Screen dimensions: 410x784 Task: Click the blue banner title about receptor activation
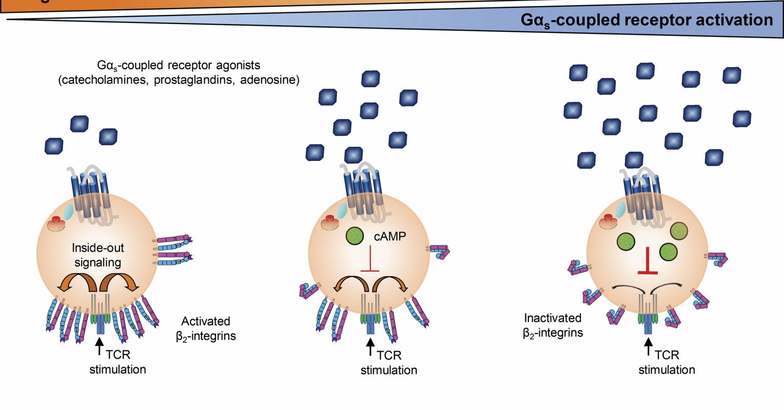(x=646, y=20)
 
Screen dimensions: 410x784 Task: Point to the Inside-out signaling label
(x=97, y=255)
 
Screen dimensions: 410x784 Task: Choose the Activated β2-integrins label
(x=206, y=329)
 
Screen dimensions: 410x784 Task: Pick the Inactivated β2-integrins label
(x=553, y=325)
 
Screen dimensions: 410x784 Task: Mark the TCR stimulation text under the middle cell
(x=389, y=362)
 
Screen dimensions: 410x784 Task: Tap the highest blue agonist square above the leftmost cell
(x=80, y=124)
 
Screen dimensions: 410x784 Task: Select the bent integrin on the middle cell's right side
(x=439, y=251)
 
